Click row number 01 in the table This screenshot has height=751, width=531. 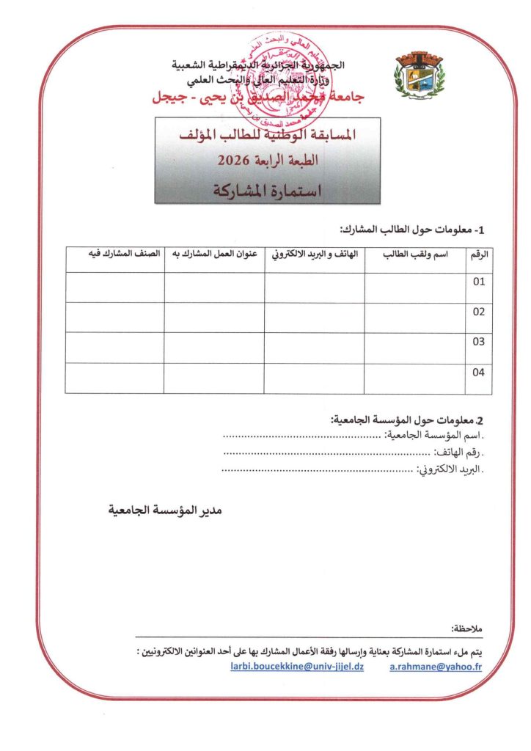point(479,282)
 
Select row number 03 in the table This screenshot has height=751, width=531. point(479,342)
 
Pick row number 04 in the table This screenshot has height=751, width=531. point(479,373)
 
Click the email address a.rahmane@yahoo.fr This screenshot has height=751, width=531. point(436,668)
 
